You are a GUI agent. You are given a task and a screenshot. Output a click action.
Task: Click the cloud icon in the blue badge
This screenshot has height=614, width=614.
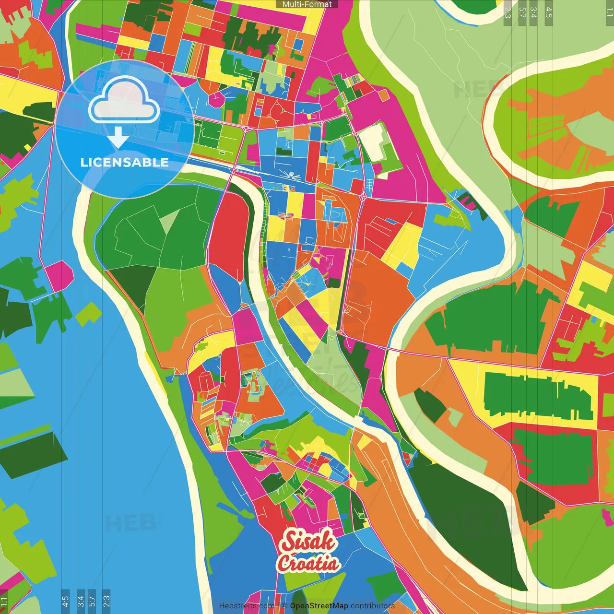click(x=124, y=101)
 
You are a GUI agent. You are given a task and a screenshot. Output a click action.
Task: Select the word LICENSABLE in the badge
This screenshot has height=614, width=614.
click(x=124, y=162)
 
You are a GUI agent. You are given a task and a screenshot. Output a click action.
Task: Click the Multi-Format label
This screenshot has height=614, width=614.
click(x=307, y=4)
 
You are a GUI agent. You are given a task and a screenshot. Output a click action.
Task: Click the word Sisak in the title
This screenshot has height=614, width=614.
click(x=308, y=541)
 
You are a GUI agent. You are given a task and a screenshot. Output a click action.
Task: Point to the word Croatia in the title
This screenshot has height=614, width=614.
click(x=308, y=563)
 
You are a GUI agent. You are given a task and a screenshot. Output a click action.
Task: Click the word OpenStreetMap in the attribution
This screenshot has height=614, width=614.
click(x=319, y=606)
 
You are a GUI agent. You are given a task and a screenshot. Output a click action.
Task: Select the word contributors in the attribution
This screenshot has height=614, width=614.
click(x=373, y=606)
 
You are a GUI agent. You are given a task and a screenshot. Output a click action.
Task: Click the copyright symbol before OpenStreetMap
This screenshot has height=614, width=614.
click(x=284, y=606)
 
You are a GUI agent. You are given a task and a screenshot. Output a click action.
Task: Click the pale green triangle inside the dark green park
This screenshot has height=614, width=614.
click(x=169, y=221)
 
